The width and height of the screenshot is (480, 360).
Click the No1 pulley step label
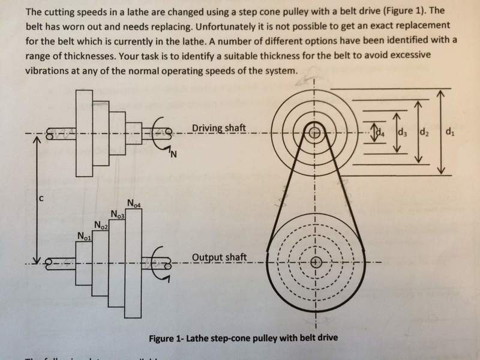click(x=84, y=236)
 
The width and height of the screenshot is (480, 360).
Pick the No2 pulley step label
click(x=100, y=225)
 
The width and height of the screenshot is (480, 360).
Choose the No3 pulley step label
click(x=118, y=214)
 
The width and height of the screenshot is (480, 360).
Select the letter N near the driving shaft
click(x=173, y=157)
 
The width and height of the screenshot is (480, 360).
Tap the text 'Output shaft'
click(x=219, y=258)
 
